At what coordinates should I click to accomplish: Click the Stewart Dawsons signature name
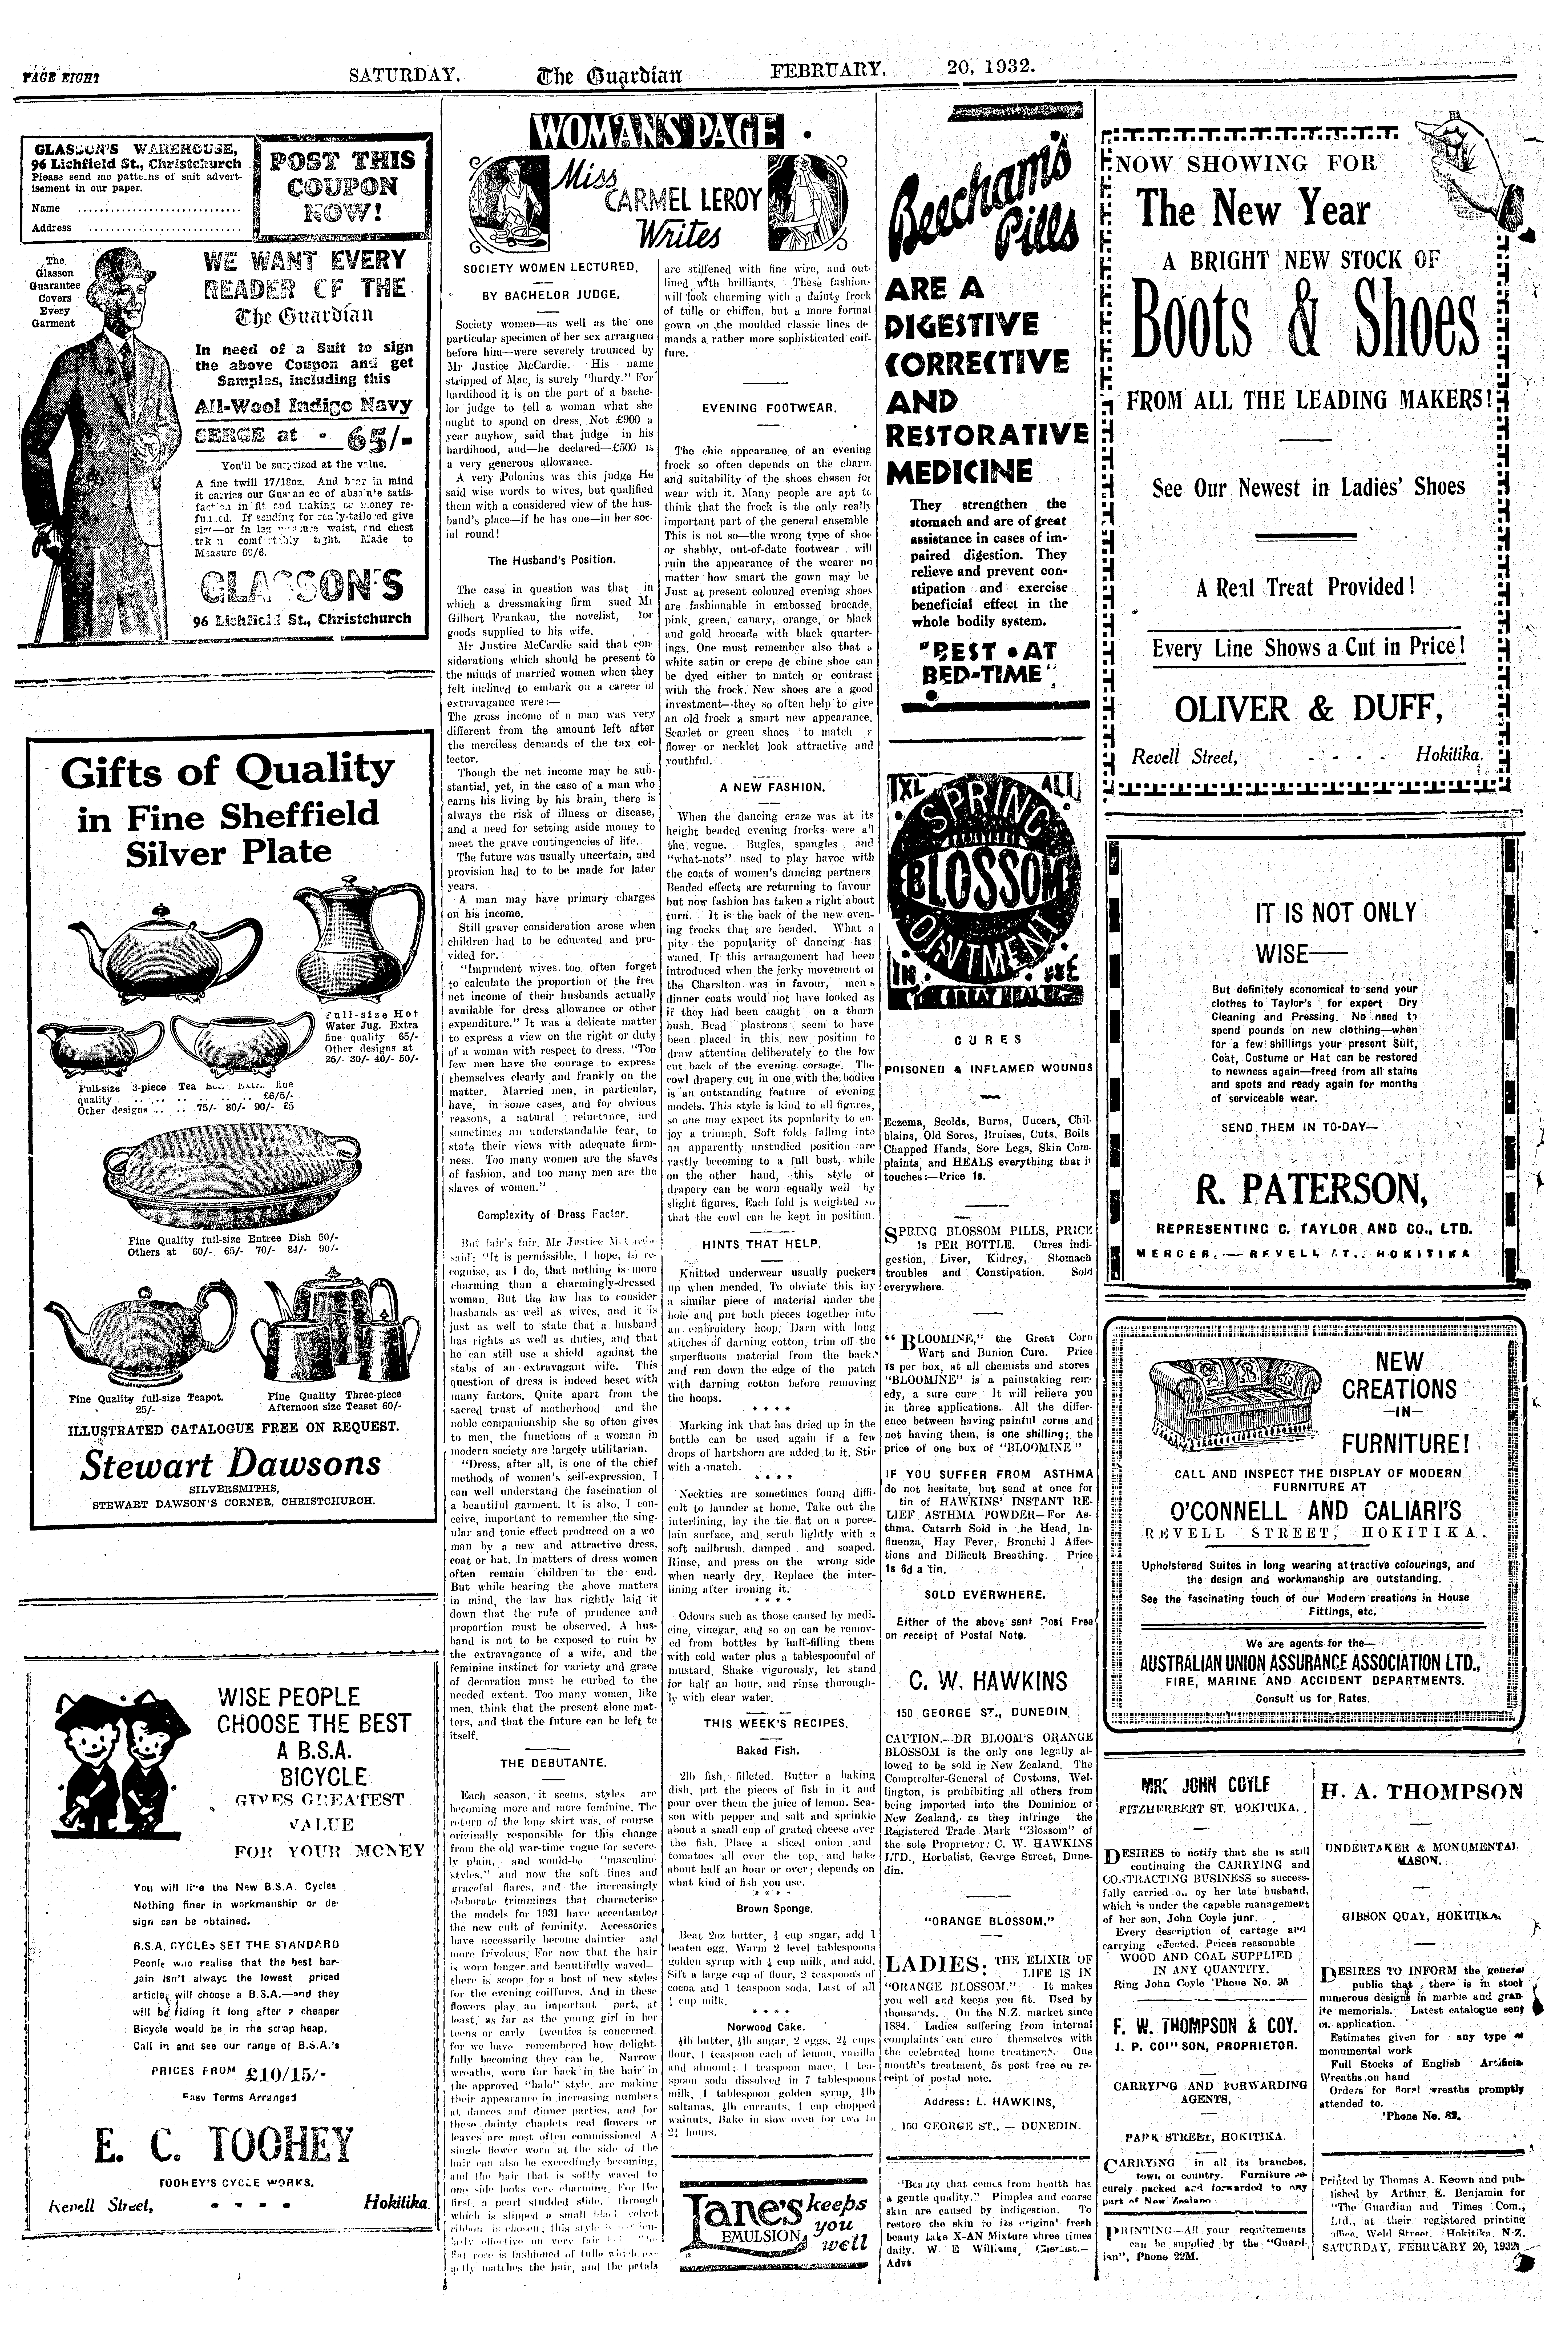231,1464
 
